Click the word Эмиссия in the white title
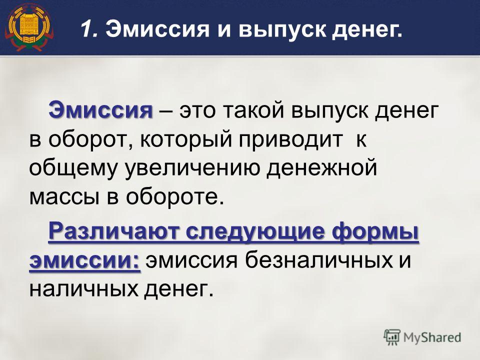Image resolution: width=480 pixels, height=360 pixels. pyautogui.click(x=157, y=29)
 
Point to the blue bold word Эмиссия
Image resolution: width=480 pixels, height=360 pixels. pyautogui.click(x=100, y=110)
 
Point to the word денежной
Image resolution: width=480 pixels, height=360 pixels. pyautogui.click(x=321, y=169)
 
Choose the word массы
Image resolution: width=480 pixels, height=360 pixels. pyautogui.click(x=64, y=197)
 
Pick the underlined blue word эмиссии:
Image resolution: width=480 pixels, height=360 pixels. pyautogui.click(x=85, y=261)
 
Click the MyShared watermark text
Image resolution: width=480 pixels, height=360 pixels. pyautogui.click(x=432, y=337)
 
